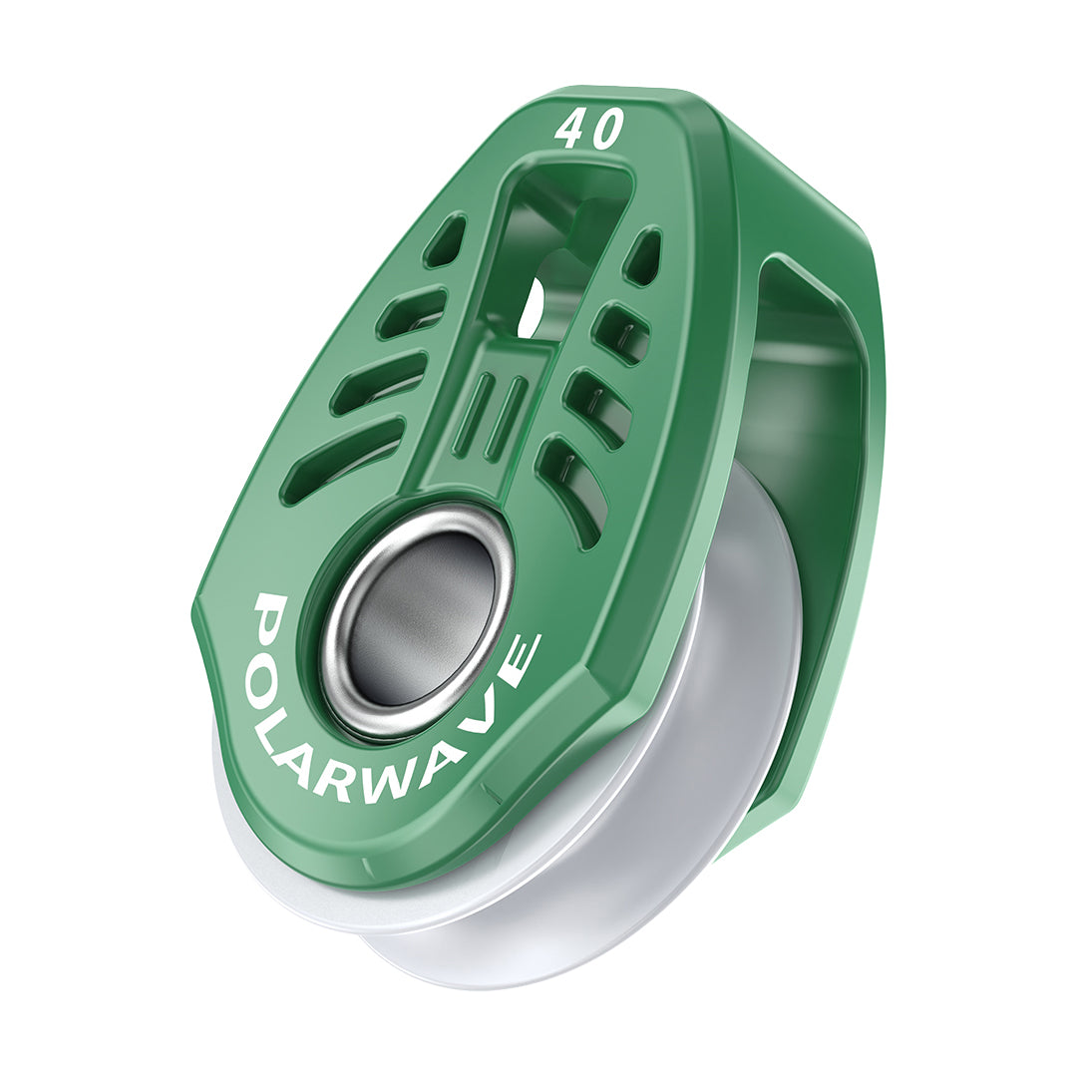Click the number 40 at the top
point(589,130)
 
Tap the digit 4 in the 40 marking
point(572,131)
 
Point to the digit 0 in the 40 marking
point(606,129)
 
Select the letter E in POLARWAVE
point(521,659)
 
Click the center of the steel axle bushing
point(420,619)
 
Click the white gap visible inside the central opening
point(534,305)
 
